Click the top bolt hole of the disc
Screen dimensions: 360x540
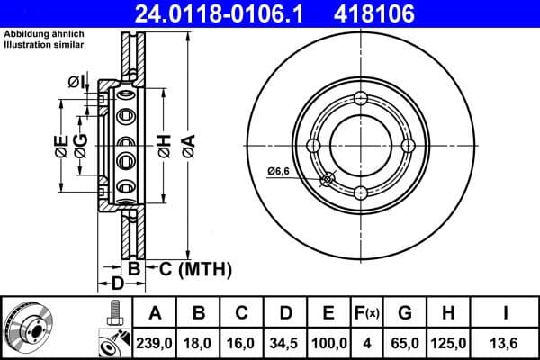click(361, 99)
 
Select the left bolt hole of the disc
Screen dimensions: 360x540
click(314, 146)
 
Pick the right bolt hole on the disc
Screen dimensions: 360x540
click(408, 146)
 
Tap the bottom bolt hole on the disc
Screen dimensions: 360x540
click(361, 193)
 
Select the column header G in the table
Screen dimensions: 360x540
click(405, 314)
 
